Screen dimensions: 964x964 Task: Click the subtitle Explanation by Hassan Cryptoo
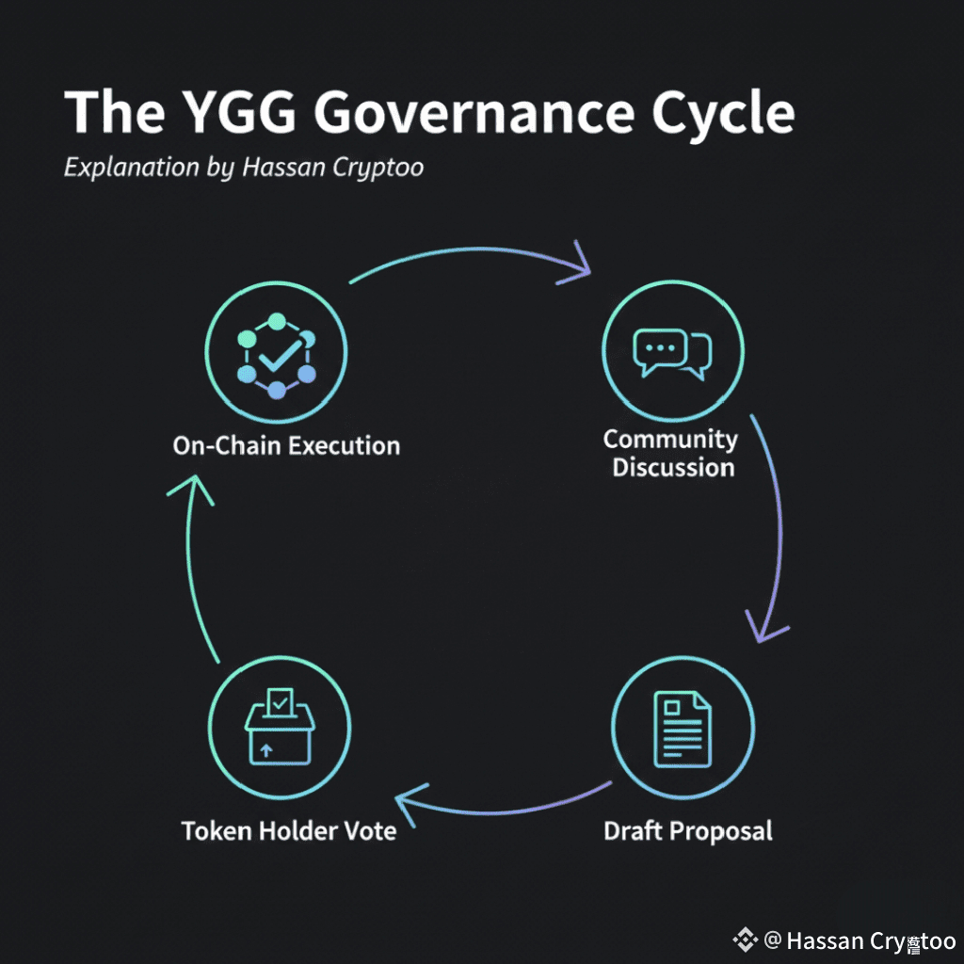(x=243, y=169)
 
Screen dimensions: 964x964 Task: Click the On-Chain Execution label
(x=286, y=445)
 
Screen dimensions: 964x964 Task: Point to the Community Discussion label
(x=671, y=453)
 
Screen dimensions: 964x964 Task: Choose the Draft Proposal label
(x=687, y=830)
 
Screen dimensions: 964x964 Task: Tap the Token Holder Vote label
(x=288, y=830)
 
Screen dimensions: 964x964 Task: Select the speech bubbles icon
(x=671, y=353)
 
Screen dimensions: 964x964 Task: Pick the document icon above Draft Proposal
(x=683, y=729)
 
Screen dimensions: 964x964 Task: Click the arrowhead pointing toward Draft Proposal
(x=764, y=627)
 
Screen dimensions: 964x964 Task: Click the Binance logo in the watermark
(x=746, y=940)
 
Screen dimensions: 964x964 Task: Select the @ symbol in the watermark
(x=773, y=940)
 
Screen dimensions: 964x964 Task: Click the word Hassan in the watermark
(x=821, y=940)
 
